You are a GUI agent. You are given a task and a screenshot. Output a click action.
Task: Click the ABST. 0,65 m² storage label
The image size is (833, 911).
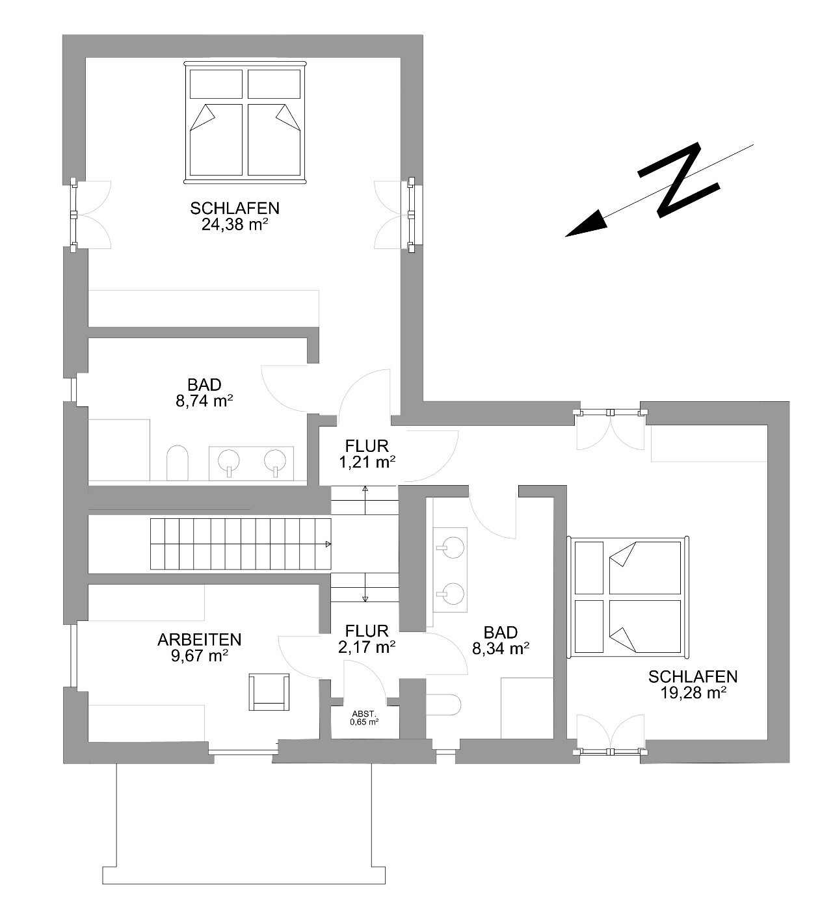[364, 717]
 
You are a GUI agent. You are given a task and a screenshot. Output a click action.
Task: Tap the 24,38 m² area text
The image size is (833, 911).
[234, 224]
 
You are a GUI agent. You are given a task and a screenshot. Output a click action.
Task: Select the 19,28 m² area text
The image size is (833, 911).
[693, 693]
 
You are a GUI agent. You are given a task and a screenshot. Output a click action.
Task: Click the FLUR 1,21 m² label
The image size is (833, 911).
[367, 454]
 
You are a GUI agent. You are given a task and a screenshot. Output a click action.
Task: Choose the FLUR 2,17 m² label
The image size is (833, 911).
[367, 639]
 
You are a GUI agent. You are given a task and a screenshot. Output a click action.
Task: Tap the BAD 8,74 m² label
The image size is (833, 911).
[204, 393]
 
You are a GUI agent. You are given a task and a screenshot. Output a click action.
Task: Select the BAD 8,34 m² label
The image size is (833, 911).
[501, 640]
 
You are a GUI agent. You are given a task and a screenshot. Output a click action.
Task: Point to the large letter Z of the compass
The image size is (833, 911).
[679, 181]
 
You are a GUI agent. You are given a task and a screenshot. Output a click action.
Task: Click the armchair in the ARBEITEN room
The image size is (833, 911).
[269, 692]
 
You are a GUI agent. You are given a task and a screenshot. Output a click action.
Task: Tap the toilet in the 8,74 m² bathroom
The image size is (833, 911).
[177, 462]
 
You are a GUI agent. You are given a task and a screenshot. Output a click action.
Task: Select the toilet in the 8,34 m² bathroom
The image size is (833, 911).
[443, 704]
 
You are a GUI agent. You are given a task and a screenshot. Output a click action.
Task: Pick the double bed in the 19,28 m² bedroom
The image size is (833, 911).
[629, 597]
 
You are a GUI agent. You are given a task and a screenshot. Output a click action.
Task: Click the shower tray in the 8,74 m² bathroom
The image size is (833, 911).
[119, 449]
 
